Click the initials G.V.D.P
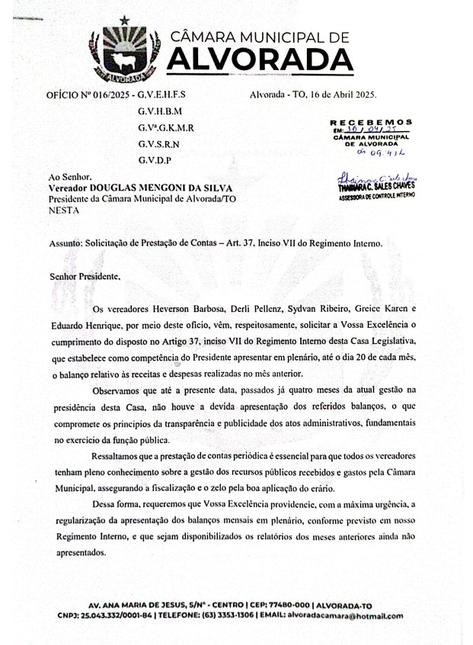point(155,160)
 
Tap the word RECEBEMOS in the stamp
point(371,121)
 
